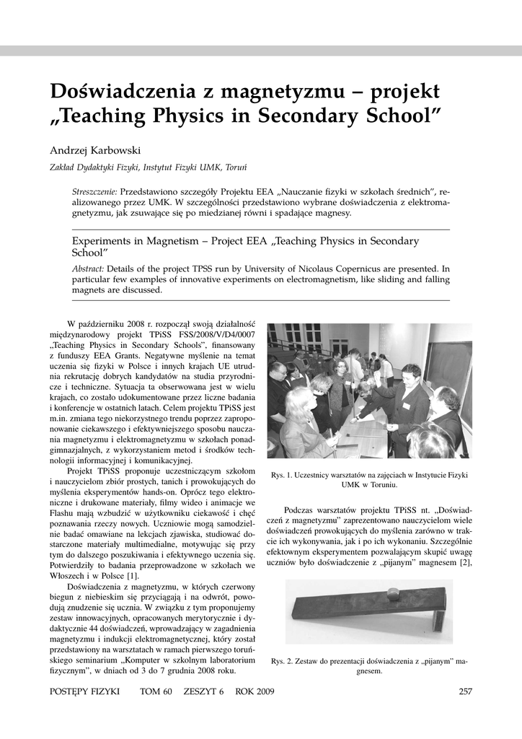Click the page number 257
coord(465,692)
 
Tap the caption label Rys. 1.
coord(282,475)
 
